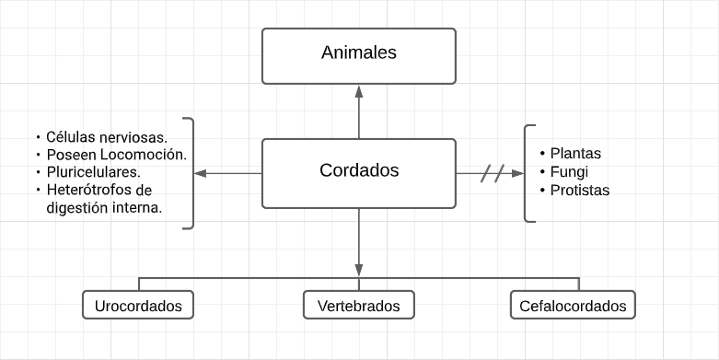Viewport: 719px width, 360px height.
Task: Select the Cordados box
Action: (x=359, y=172)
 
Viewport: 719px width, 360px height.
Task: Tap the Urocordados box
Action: (x=138, y=306)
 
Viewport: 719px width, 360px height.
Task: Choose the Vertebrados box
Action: (x=359, y=306)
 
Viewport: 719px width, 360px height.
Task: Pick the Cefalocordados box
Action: (x=573, y=306)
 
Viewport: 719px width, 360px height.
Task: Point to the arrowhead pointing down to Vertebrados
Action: (x=359, y=269)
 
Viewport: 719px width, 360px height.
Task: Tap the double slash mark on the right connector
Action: (x=493, y=173)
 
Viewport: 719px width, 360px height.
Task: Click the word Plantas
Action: (x=575, y=154)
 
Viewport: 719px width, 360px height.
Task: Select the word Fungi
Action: (x=569, y=172)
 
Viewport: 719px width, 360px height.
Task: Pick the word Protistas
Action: (x=580, y=191)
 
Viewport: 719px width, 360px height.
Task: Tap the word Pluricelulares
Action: (x=93, y=172)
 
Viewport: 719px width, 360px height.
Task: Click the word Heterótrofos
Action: (x=90, y=190)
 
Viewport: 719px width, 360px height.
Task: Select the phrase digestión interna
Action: (x=104, y=207)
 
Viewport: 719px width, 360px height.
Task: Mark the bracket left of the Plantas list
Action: (x=528, y=173)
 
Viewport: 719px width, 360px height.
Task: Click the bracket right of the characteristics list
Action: (x=191, y=173)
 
